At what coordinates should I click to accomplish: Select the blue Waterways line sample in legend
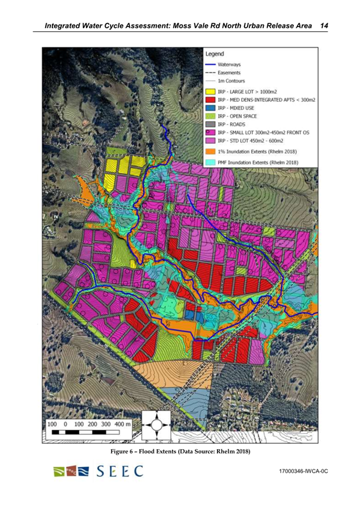(x=208, y=63)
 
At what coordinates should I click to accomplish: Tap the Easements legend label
(x=230, y=72)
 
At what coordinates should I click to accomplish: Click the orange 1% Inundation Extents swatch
(x=208, y=152)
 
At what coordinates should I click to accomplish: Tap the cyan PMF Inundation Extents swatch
(x=208, y=163)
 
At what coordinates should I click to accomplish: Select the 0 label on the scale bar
(x=65, y=424)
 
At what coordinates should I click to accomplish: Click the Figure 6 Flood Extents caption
(x=180, y=451)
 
